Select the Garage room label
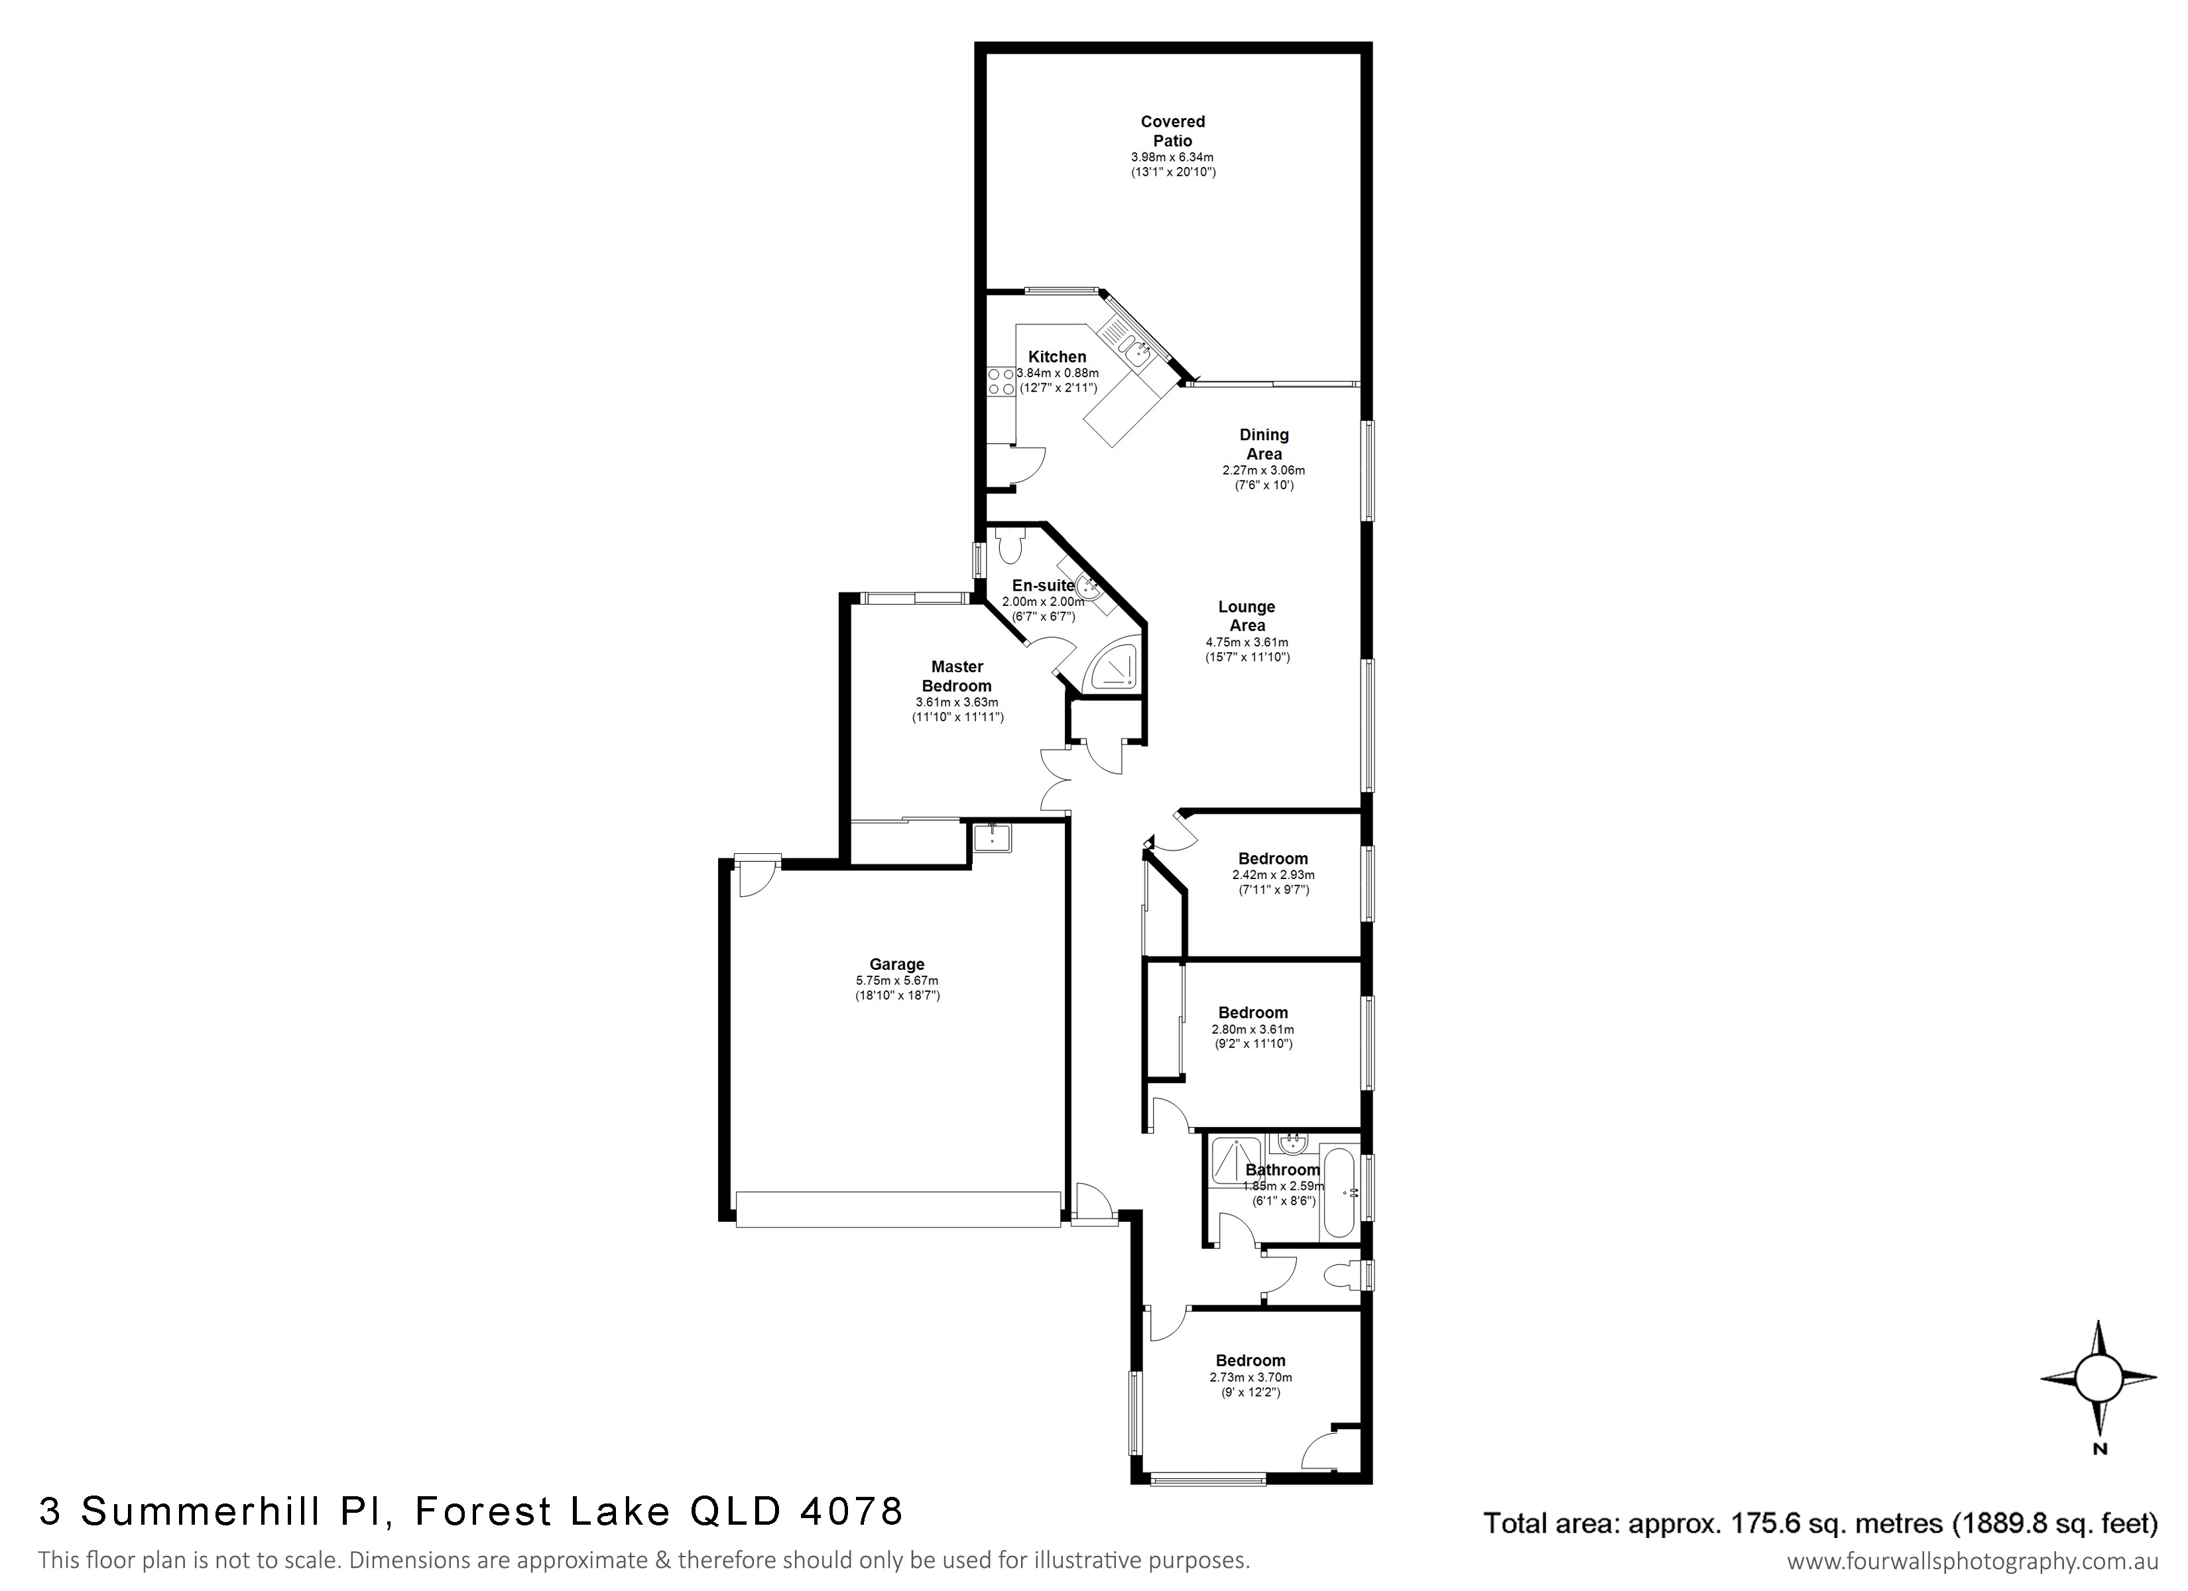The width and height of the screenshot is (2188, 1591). click(x=896, y=964)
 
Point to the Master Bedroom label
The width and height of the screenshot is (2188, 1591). click(x=957, y=676)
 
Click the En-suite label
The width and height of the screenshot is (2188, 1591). click(x=1043, y=585)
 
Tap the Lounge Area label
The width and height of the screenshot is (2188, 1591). click(x=1246, y=616)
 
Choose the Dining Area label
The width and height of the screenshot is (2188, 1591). click(x=1264, y=443)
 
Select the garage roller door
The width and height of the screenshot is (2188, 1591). click(x=897, y=1210)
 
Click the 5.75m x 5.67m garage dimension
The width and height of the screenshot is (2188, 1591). click(x=896, y=981)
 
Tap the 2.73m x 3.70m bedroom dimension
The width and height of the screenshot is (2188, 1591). click(x=1250, y=1378)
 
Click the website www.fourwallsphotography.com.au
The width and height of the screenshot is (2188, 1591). click(x=1972, y=1561)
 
